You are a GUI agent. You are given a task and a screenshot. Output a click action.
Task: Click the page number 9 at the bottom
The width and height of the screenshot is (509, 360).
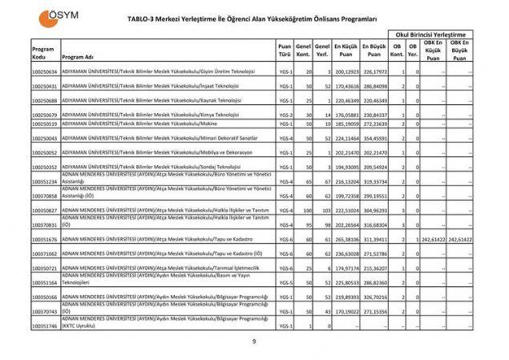[253, 342]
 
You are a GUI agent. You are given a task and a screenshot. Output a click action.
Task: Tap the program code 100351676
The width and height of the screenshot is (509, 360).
[44, 240]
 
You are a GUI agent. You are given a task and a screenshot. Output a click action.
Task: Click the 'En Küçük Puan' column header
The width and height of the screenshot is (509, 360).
[345, 50]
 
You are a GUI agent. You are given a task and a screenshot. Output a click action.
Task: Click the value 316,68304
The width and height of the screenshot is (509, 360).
[375, 225]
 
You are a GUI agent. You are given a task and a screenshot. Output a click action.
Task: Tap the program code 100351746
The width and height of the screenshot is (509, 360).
[44, 326]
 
